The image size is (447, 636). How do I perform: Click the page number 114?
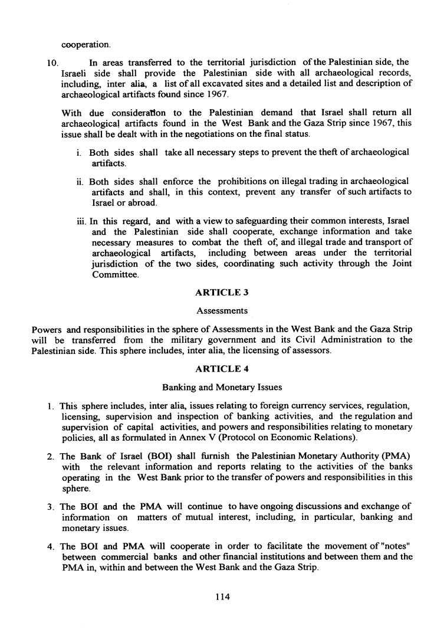(222, 596)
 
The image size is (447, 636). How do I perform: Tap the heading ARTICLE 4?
(222, 370)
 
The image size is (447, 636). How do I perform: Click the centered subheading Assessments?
(222, 310)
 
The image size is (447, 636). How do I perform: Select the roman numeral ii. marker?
(81, 181)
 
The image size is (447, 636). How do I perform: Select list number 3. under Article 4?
(52, 508)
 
